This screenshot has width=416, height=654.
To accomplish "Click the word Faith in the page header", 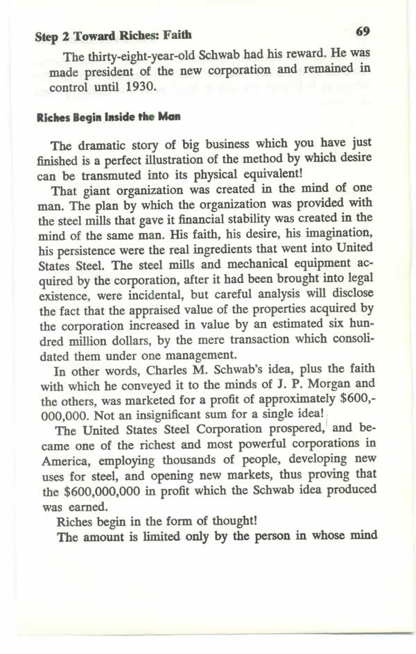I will (177, 35).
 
